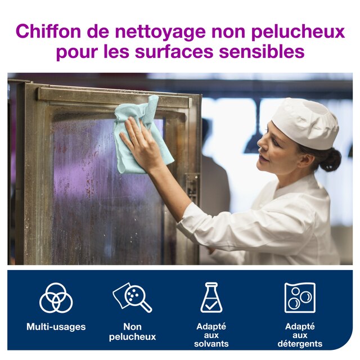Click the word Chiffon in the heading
(48, 31)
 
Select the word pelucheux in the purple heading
(298, 33)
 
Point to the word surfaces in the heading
(174, 52)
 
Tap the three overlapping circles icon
(56, 298)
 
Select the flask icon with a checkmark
(211, 298)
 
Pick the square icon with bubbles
(300, 298)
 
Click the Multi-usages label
(56, 327)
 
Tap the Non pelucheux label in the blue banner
(133, 332)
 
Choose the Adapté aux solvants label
(211, 335)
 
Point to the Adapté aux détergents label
(300, 335)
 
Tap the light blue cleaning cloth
(139, 136)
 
